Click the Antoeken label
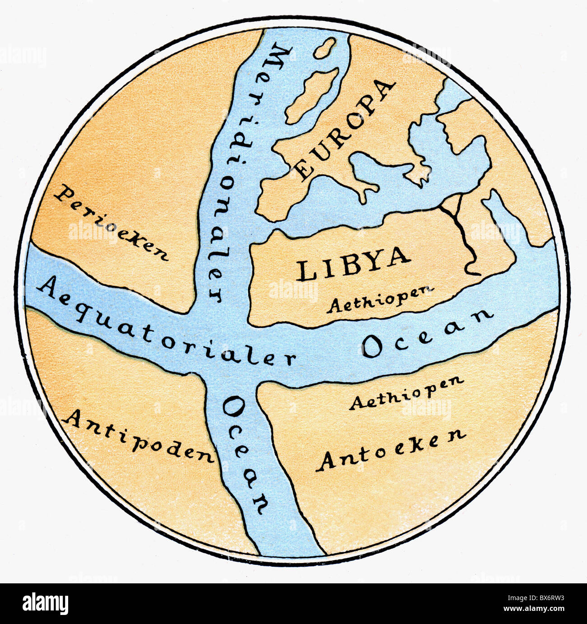click(x=391, y=449)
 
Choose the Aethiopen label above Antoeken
click(x=406, y=393)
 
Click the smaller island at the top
click(x=325, y=48)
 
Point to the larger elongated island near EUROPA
click(x=312, y=95)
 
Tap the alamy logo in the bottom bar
click(x=46, y=603)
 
